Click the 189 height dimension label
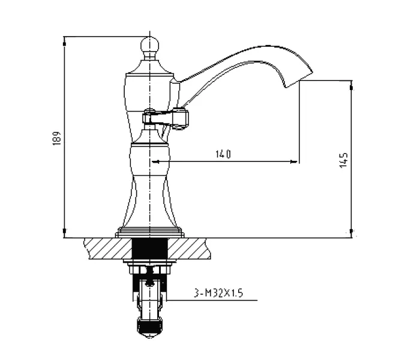56,138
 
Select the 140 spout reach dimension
223,154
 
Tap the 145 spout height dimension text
344,160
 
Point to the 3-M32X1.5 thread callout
218,293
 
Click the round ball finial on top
149,46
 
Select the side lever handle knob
181,119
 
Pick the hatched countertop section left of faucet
108,248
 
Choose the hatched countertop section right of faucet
189,248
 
